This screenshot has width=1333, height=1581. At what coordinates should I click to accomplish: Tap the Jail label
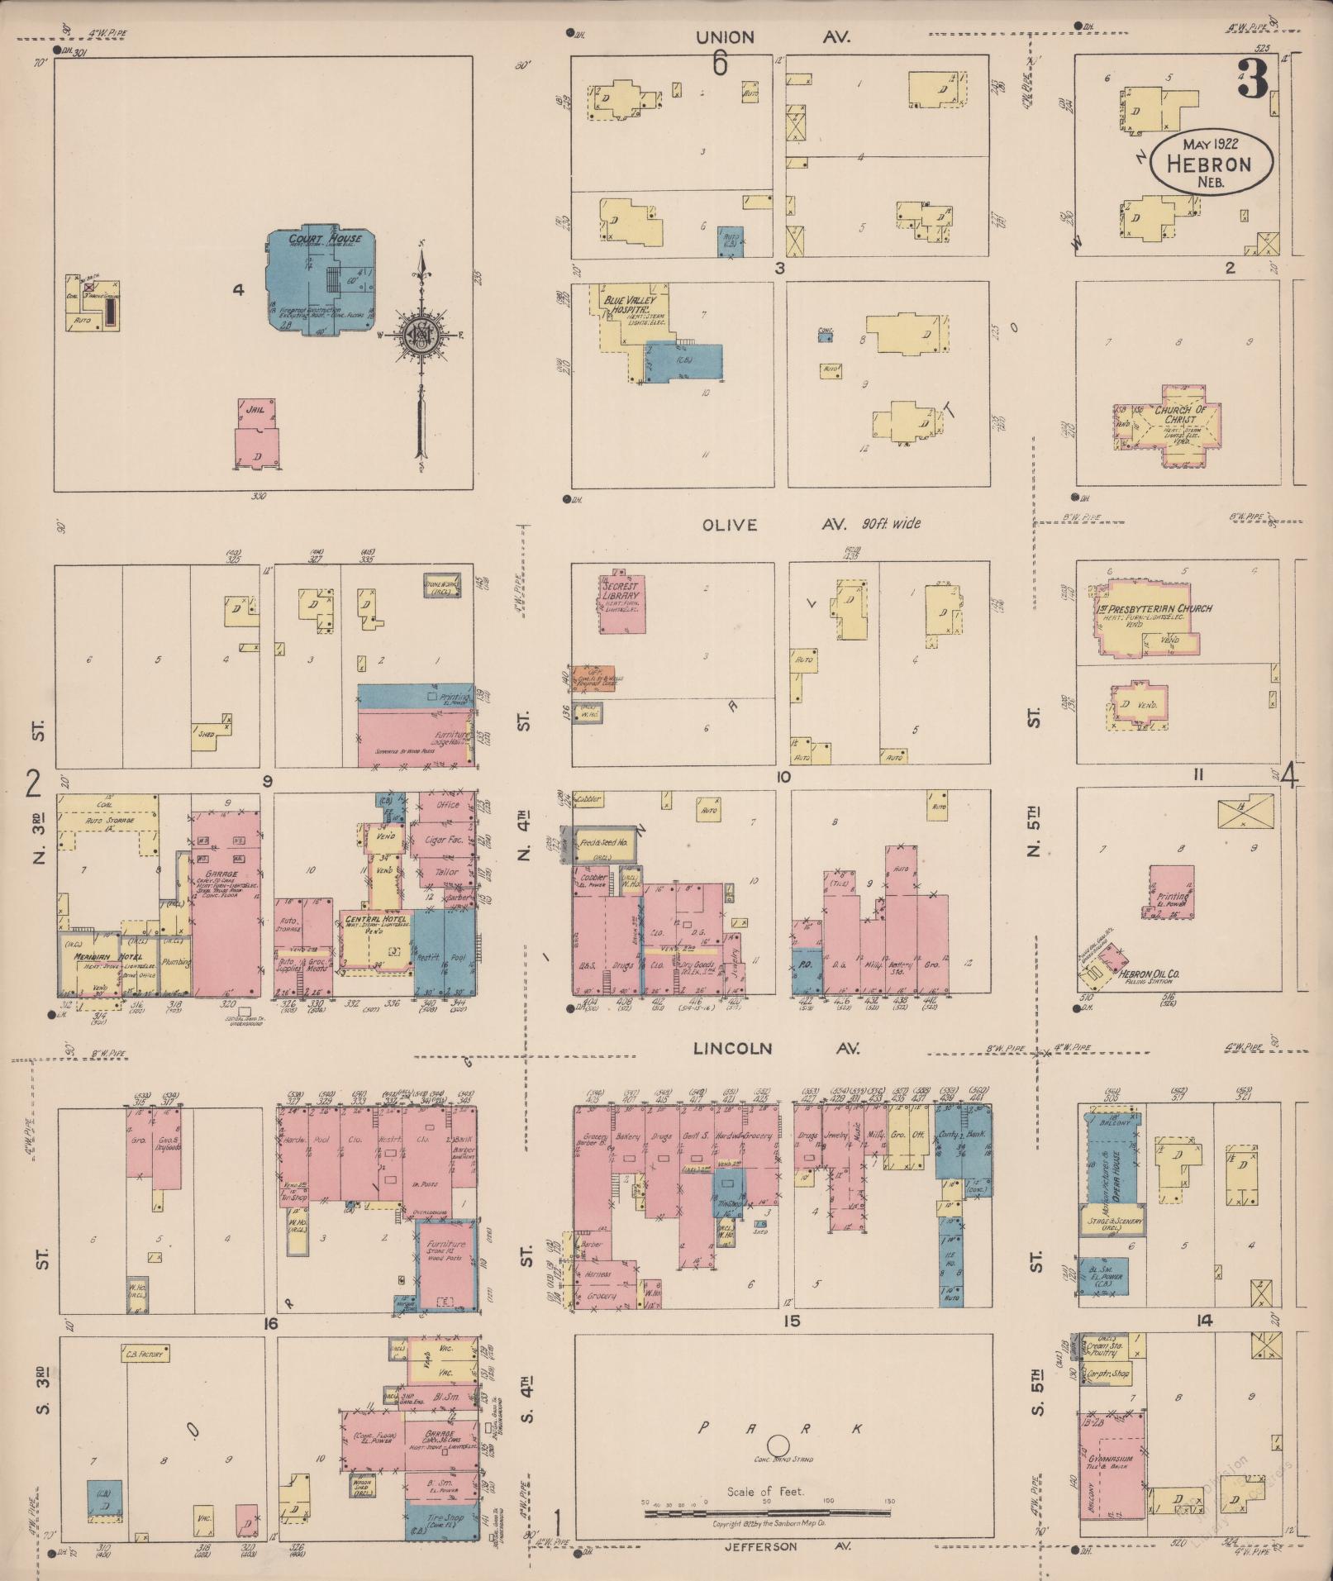tap(255, 407)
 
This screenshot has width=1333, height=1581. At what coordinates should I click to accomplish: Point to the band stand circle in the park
tap(778, 1445)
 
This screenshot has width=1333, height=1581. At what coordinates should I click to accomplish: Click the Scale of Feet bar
tap(767, 1513)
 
